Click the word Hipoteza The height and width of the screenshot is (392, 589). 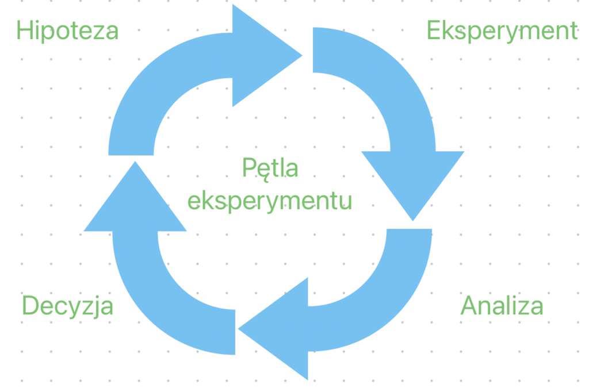click(x=68, y=30)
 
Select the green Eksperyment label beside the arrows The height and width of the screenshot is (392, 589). click(x=502, y=31)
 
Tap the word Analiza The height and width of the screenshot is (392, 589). click(x=502, y=306)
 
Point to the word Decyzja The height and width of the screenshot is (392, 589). click(x=68, y=306)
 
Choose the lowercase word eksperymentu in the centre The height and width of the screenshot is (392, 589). click(x=270, y=201)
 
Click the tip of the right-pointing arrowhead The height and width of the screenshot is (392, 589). click(x=301, y=56)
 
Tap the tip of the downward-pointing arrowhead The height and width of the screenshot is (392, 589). click(x=412, y=220)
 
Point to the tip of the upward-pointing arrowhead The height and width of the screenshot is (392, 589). click(x=135, y=162)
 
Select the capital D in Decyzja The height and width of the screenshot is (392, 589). click(x=30, y=306)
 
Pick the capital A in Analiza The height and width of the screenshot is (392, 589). click(x=469, y=306)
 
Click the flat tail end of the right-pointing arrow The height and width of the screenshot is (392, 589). click(x=131, y=155)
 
